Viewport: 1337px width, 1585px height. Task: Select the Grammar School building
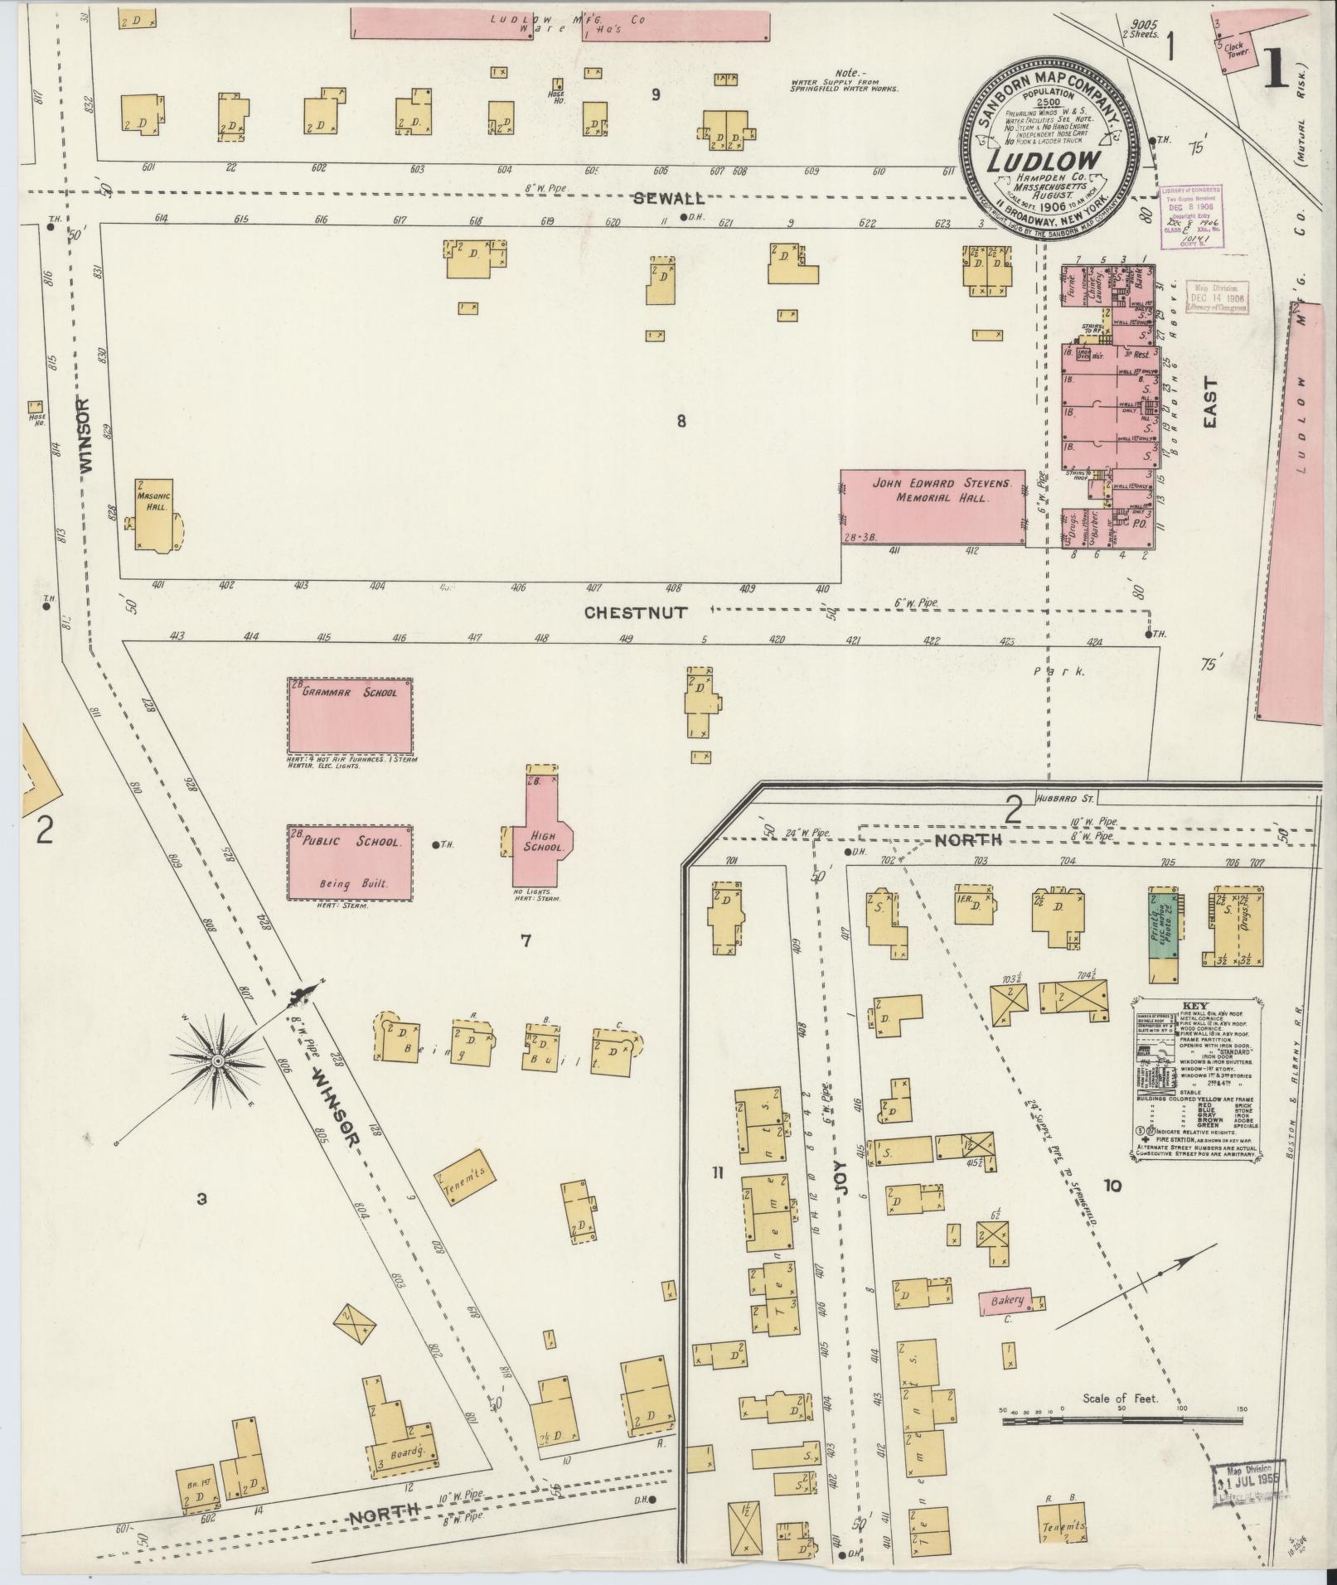350,714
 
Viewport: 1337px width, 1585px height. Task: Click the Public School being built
350,862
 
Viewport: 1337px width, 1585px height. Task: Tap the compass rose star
218,1061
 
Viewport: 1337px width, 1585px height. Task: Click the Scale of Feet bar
1122,1421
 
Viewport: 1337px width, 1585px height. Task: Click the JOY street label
841,1200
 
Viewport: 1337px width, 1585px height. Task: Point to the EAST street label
1210,402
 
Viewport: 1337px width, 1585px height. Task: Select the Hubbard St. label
1065,800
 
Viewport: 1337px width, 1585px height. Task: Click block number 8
681,421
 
